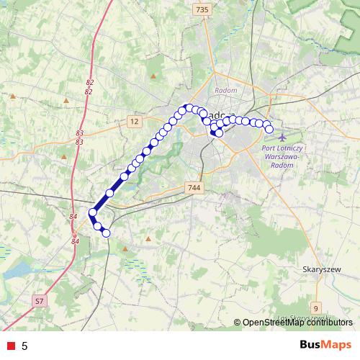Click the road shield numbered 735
coord(202,9)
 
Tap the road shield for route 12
coord(134,122)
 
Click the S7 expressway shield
coord(40,299)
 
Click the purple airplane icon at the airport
coord(280,137)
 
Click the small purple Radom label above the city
coord(225,90)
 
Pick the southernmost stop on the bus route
coord(106,233)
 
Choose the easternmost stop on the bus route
coord(269,130)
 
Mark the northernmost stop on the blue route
coord(189,108)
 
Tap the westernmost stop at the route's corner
coord(92,212)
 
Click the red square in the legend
coord(9,346)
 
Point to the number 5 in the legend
coord(24,346)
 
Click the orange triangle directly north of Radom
coord(154,75)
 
